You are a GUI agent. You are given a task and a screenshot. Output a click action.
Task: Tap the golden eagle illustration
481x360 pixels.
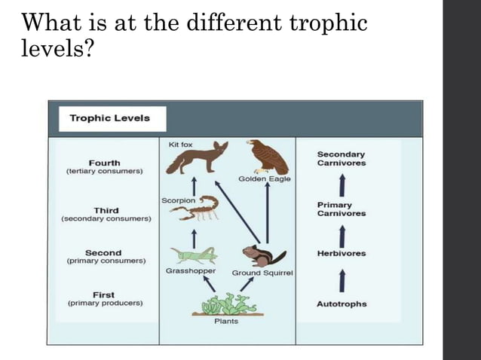pyautogui.click(x=265, y=157)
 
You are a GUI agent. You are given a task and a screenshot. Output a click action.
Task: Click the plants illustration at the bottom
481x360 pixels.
pyautogui.click(x=225, y=306)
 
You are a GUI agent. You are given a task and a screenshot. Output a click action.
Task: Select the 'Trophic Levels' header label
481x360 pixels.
pyautogui.click(x=109, y=118)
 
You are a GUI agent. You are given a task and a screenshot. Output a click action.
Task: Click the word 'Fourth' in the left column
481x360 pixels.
pyautogui.click(x=104, y=163)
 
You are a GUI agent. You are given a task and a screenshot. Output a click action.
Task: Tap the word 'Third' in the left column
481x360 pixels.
pyautogui.click(x=106, y=209)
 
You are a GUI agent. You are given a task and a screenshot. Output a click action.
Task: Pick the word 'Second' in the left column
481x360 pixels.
pyautogui.click(x=103, y=253)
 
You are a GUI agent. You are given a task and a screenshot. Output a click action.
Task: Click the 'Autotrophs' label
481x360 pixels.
pyautogui.click(x=342, y=304)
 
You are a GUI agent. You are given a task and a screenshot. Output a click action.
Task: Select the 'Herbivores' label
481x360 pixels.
pyautogui.click(x=342, y=254)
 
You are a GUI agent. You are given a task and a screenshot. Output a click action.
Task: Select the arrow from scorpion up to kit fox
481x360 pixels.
pyautogui.click(x=195, y=186)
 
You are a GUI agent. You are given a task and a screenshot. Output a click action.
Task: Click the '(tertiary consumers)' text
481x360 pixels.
pyautogui.click(x=104, y=172)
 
